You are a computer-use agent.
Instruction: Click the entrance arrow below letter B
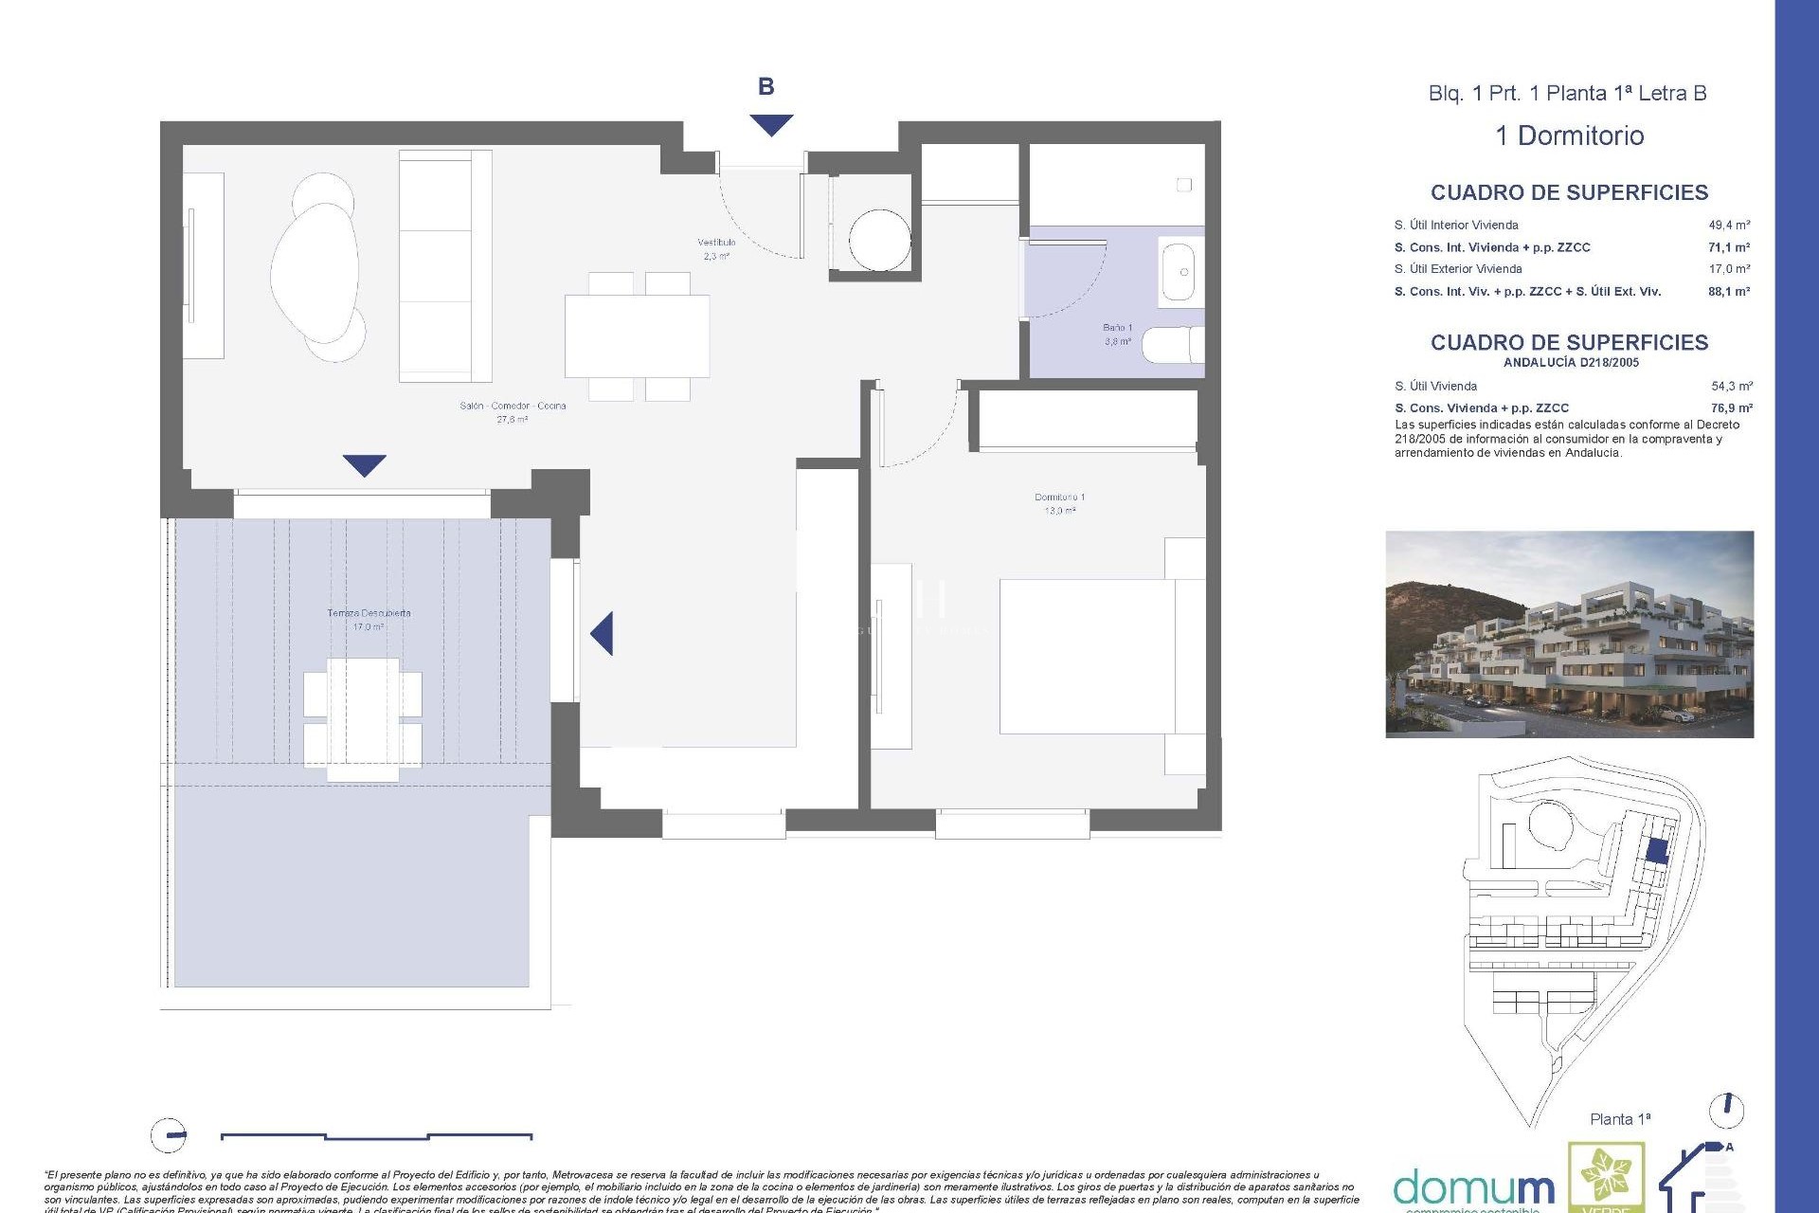(770, 124)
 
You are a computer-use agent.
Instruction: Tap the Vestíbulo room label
(716, 248)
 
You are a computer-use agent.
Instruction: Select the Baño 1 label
(1117, 334)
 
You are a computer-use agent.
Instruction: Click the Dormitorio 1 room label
(1059, 503)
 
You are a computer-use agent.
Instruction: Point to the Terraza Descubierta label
(369, 619)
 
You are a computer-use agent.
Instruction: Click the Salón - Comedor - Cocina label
(513, 411)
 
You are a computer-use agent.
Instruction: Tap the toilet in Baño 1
(1172, 345)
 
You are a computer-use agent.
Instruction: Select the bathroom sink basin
(1180, 272)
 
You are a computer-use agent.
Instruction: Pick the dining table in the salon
(637, 335)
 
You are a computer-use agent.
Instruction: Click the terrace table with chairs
(362, 719)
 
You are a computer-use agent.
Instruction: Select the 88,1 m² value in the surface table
(1728, 292)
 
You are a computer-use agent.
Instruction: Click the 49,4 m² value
(1728, 226)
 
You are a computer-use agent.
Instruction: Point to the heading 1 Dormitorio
(1569, 136)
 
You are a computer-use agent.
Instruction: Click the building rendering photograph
(1569, 634)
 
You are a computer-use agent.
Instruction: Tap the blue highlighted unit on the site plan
(1655, 850)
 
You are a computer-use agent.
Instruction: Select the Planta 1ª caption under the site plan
(1619, 1119)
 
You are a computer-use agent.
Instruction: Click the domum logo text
(1473, 1187)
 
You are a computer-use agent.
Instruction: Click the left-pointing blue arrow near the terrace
(603, 633)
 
